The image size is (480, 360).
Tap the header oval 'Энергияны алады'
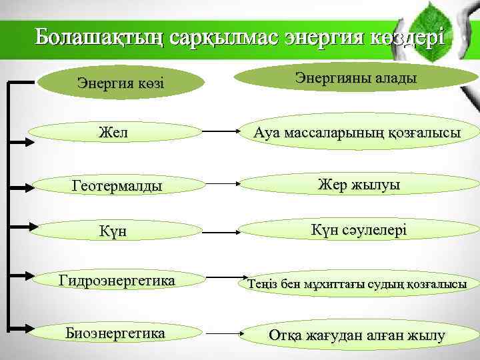tap(356, 79)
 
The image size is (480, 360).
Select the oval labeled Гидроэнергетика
tap(117, 281)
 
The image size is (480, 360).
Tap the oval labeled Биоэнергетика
tap(117, 331)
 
